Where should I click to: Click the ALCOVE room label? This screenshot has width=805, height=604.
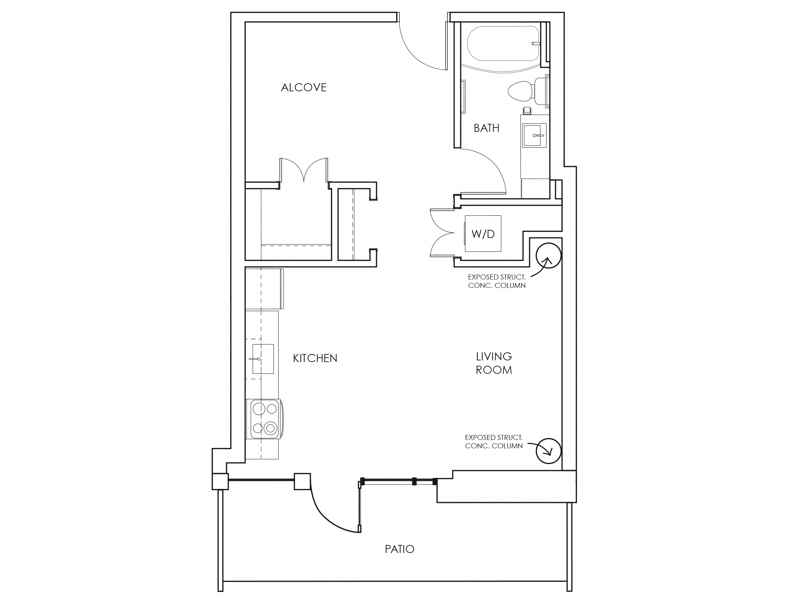click(x=304, y=87)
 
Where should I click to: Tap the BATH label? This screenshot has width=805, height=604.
click(x=486, y=128)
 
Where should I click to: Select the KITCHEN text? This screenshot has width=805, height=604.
click(x=315, y=358)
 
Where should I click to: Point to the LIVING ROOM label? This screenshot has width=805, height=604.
click(x=494, y=363)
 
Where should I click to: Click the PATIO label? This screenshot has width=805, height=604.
click(x=399, y=549)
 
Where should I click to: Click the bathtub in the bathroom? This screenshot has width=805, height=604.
click(x=502, y=44)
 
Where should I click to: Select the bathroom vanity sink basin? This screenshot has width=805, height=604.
click(x=534, y=136)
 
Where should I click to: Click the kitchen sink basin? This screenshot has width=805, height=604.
click(x=263, y=359)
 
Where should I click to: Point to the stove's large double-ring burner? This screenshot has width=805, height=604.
click(x=270, y=428)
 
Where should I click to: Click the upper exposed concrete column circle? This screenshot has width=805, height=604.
click(x=548, y=256)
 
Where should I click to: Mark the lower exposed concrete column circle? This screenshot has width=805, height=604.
click(x=548, y=451)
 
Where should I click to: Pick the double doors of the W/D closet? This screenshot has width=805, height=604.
click(x=441, y=233)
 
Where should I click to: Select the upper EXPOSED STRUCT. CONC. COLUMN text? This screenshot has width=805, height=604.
click(x=496, y=281)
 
